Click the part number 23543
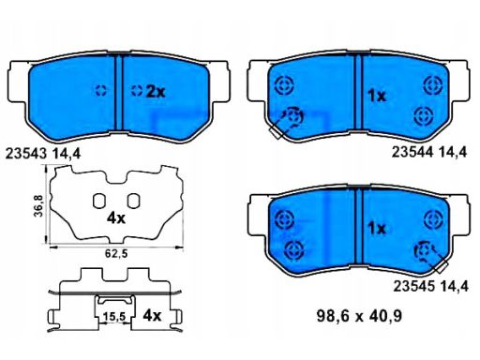pyautogui.click(x=26, y=154)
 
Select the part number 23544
pyautogui.click(x=412, y=152)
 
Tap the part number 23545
pyautogui.click(x=413, y=286)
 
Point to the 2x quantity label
pyautogui.click(x=156, y=92)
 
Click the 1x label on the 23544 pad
pyautogui.click(x=377, y=96)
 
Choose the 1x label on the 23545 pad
pyautogui.click(x=377, y=230)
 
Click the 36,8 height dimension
pyautogui.click(x=38, y=205)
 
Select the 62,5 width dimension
pyautogui.click(x=116, y=254)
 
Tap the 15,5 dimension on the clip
pyautogui.click(x=114, y=317)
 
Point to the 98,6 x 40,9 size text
pyautogui.click(x=359, y=317)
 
